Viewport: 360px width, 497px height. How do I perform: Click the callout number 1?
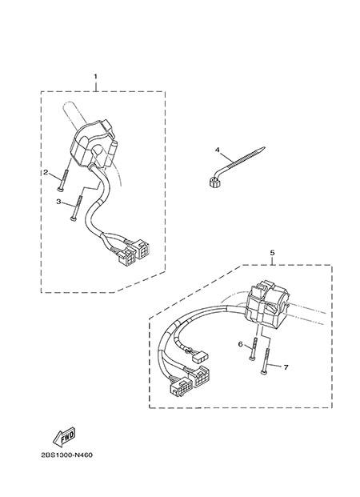[95, 76]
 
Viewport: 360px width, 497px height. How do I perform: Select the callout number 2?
[46, 172]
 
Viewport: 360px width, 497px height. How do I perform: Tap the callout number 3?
[58, 201]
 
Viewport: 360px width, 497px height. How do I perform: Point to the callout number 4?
[217, 150]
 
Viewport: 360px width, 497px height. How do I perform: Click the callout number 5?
[272, 253]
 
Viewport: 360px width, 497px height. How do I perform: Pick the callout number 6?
[240, 344]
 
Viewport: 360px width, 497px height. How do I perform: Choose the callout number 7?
[286, 367]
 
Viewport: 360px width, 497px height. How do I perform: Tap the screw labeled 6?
[254, 348]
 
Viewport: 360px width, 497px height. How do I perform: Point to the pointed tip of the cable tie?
[264, 147]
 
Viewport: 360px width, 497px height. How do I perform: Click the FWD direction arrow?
[64, 436]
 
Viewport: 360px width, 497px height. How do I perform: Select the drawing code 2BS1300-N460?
[67, 455]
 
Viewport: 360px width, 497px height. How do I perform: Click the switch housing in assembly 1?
[92, 142]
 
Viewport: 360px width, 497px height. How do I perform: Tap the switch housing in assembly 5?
[267, 307]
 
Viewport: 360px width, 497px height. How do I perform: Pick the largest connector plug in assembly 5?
[182, 387]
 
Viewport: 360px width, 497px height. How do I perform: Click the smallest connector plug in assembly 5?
[200, 358]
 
